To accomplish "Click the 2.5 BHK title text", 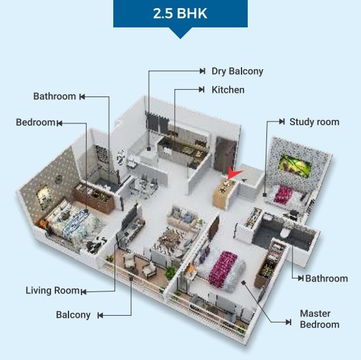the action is [180, 13].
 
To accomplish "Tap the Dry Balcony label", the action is [237, 71].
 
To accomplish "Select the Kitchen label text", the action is [228, 90].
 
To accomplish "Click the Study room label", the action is [314, 122].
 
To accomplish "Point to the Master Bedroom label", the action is [319, 319].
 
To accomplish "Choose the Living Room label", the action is [52, 290].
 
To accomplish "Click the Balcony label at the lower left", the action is [73, 315].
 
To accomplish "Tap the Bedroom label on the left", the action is [35, 122].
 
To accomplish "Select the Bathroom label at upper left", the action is [55, 97].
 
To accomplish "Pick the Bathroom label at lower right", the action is [327, 278].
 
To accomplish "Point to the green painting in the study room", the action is [295, 166].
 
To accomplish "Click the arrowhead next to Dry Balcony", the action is [202, 71].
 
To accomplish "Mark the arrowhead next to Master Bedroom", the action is [288, 322].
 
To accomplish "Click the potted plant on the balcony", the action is [171, 272].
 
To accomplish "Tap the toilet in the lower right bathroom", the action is [285, 233].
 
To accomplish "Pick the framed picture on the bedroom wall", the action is [44, 197].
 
